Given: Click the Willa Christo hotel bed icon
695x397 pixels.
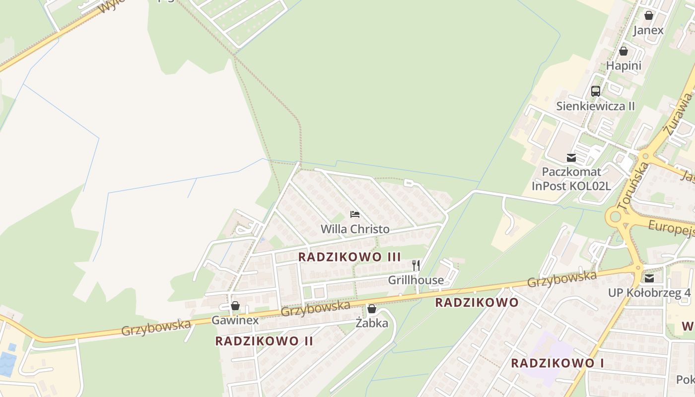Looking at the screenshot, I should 355,214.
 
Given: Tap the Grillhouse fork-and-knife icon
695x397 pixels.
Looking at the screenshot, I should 416,265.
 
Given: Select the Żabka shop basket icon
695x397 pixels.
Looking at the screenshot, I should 372,309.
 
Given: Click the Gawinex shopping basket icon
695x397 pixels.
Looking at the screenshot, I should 235,306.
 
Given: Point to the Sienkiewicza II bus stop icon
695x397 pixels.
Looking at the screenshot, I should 595,91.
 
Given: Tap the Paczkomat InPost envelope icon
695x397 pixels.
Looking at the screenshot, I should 571,158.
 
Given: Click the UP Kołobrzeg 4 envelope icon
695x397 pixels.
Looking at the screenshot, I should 649,278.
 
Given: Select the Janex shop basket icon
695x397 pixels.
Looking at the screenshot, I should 648,15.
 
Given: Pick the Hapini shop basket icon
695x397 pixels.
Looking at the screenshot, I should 624,51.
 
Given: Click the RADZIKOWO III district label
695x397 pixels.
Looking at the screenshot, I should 349,257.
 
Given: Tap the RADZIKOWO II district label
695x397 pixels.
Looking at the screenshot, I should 264,341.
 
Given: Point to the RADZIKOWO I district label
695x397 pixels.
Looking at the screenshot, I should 557,363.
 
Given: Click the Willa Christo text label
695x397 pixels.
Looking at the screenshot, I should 355,229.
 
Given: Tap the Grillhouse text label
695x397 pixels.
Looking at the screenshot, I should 416,280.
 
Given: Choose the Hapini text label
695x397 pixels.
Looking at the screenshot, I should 624,66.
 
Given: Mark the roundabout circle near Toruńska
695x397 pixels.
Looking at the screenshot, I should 616,216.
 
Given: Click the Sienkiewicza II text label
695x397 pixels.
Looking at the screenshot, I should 595,106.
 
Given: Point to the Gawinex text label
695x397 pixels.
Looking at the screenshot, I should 235,320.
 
